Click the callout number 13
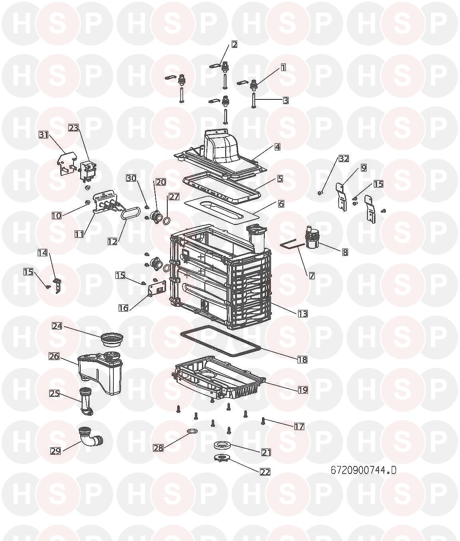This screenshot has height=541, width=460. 303,313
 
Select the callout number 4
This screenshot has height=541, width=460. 277,147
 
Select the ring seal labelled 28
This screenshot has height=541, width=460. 192,432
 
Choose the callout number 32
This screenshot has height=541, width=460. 344,159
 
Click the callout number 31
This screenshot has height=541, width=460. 44,135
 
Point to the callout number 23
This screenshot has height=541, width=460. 74,128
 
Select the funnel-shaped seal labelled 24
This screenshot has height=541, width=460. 112,340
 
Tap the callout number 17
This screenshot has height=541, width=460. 299,427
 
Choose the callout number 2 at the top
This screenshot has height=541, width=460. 234,44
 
